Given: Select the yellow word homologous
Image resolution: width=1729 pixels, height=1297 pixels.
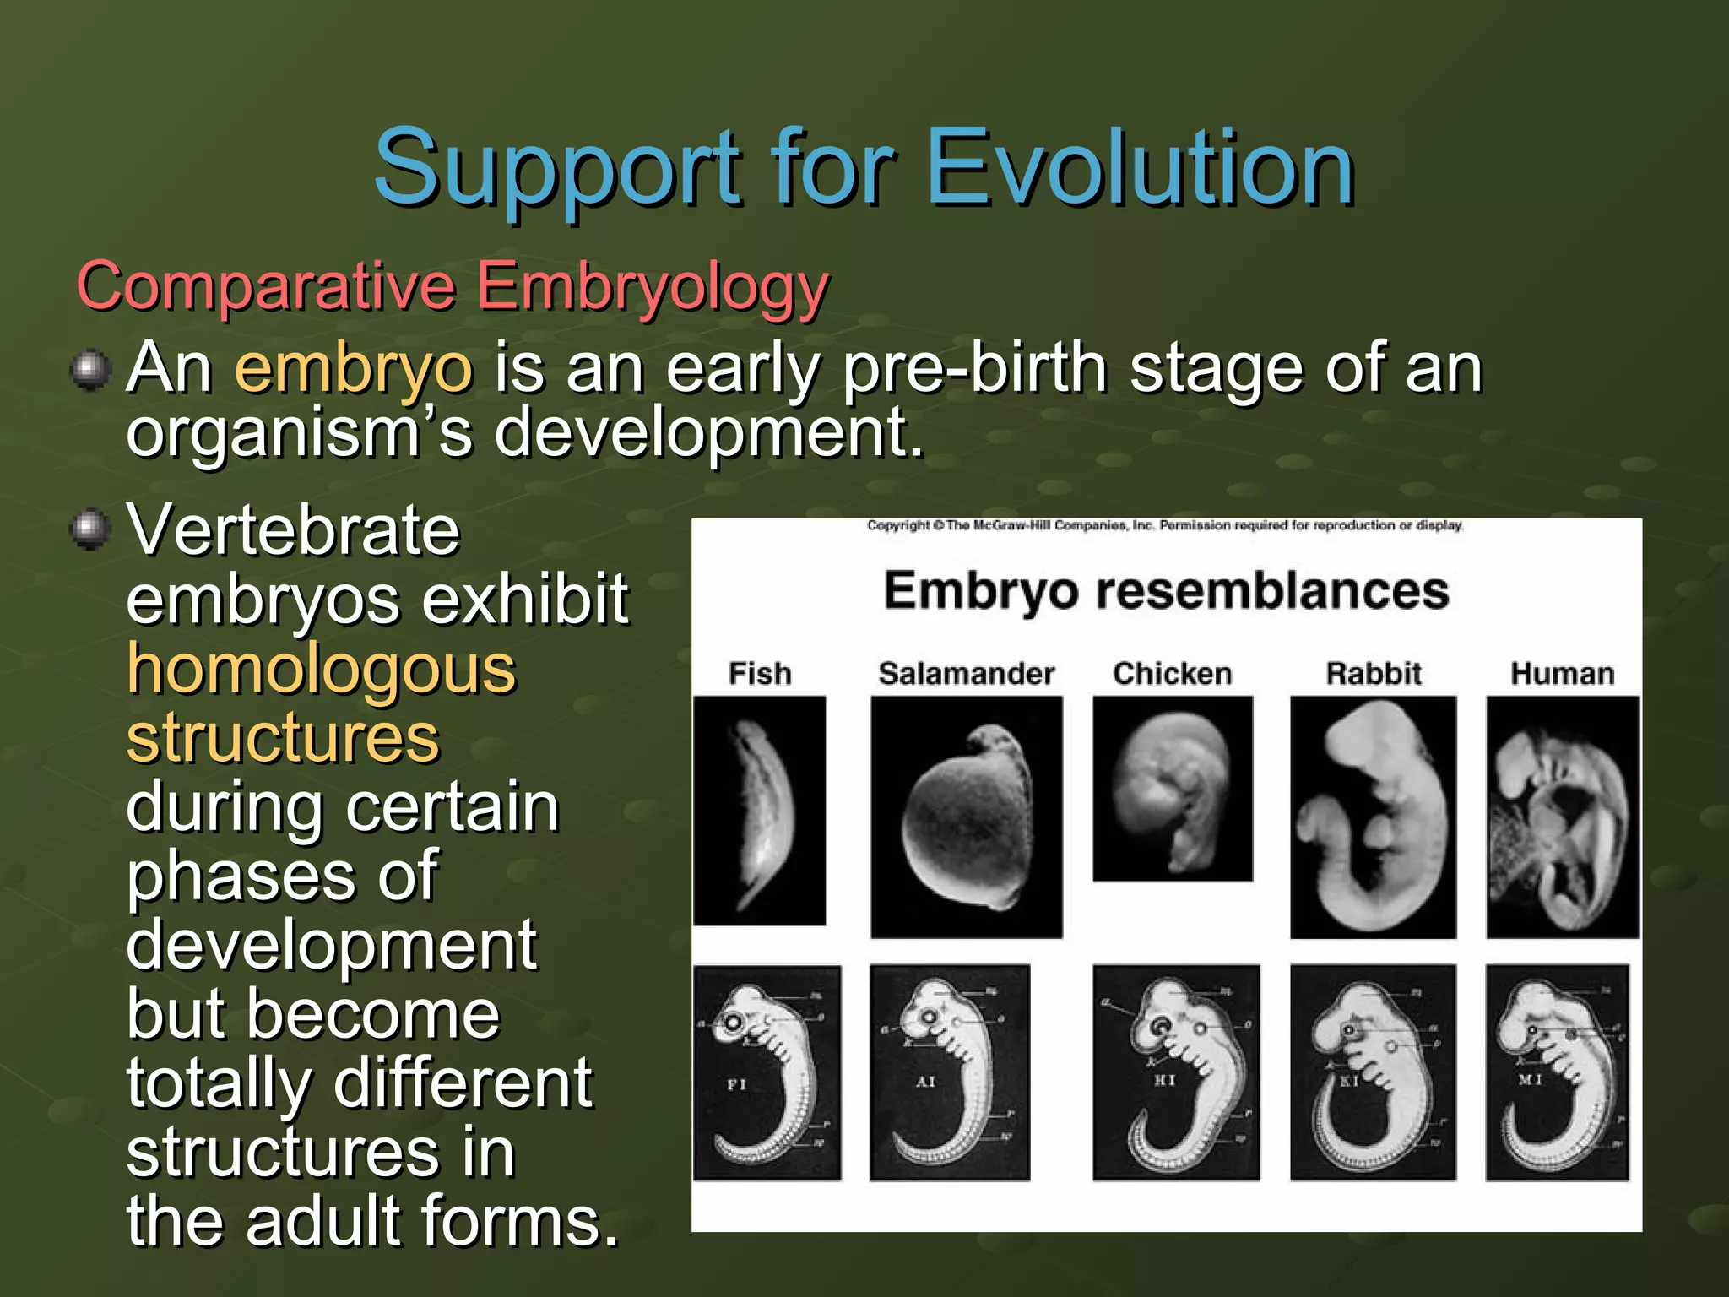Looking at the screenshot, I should (x=321, y=670).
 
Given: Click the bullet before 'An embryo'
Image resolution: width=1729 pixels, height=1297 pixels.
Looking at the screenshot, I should (x=90, y=370).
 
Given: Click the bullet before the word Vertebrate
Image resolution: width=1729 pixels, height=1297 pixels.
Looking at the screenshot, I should (x=90, y=529).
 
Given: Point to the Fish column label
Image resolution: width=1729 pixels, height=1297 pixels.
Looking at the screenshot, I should (x=760, y=674).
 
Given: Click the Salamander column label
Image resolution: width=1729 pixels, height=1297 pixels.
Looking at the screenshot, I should (x=966, y=674).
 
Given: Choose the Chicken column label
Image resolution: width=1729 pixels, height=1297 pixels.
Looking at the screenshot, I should (x=1172, y=674).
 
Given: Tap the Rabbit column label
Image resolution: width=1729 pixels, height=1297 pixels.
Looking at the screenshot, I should (x=1374, y=674).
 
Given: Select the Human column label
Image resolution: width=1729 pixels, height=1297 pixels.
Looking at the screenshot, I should (x=1562, y=674).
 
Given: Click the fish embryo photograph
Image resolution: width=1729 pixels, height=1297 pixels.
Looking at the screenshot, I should (x=760, y=811).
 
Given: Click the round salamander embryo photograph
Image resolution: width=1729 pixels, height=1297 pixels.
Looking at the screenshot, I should (x=966, y=817).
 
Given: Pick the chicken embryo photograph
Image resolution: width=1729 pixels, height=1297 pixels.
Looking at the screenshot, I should (x=1172, y=789).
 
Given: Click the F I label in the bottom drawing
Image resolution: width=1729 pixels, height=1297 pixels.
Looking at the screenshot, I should (x=736, y=1084).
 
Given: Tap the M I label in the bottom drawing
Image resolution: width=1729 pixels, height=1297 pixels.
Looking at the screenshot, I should (x=1530, y=1079).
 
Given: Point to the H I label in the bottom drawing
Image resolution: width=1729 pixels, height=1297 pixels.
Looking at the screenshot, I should (x=1164, y=1080).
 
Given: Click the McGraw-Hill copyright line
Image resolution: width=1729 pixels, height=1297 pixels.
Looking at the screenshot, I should (x=1165, y=525).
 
